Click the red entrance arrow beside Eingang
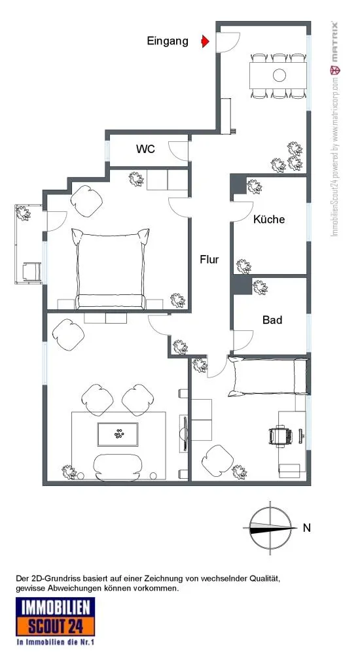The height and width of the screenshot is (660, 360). click(x=206, y=41)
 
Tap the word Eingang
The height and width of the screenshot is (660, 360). click(x=168, y=41)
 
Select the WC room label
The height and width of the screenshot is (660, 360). click(x=145, y=149)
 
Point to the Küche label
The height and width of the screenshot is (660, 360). click(x=269, y=219)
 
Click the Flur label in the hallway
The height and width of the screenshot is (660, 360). click(x=209, y=259)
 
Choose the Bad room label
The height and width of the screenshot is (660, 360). click(x=272, y=320)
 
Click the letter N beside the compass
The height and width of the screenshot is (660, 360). click(x=307, y=527)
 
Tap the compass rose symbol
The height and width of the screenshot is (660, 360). click(x=270, y=527)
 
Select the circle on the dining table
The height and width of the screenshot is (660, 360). click(x=279, y=75)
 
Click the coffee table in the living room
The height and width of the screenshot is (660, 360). click(x=118, y=434)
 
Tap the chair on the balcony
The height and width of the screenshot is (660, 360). click(x=31, y=271)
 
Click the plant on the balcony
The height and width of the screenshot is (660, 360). click(x=23, y=213)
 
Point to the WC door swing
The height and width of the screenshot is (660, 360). click(x=179, y=150)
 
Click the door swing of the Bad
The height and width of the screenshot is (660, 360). click(x=243, y=340)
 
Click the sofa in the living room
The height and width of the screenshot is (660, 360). click(x=118, y=467)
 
